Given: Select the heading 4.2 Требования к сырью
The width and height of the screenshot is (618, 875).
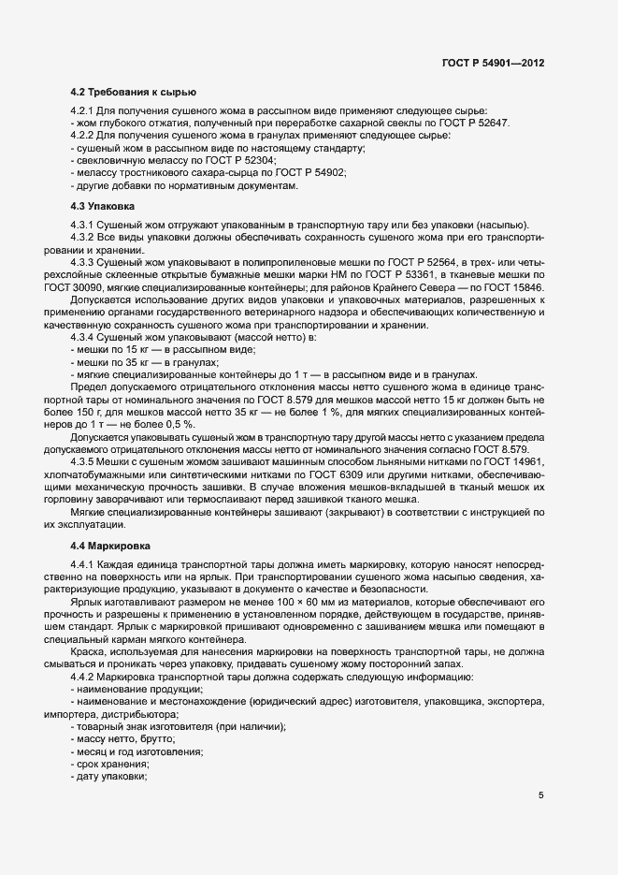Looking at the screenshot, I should click(x=133, y=93).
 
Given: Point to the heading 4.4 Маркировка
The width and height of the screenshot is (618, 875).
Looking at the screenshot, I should click(x=110, y=545).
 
